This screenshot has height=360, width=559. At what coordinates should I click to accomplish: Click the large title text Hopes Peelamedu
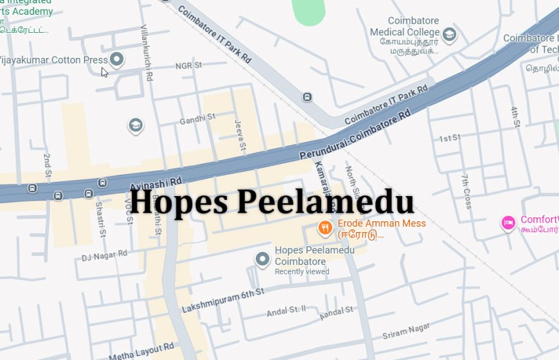pos(272,201)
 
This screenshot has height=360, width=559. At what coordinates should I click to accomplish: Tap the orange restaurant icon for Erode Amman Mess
pos(326,227)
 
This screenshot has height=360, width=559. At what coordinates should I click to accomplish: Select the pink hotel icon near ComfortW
pos(508,222)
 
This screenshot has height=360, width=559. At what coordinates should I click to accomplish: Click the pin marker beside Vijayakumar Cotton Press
pos(116,60)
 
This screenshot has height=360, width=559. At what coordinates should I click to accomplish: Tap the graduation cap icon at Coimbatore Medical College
pos(449,35)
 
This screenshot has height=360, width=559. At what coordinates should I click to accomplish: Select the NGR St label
pos(188,66)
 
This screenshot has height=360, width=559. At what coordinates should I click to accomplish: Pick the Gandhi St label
pos(197,119)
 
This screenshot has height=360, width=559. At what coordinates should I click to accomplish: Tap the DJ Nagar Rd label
pos(104,255)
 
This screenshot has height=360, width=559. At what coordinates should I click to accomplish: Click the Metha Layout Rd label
pos(141,352)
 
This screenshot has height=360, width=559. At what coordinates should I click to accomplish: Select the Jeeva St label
pos(240,135)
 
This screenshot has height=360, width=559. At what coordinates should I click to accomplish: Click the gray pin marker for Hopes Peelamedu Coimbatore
pos(262,259)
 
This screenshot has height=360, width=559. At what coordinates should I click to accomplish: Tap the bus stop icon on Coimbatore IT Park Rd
pos(308,97)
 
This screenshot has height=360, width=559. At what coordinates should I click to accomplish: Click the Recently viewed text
pos(301,272)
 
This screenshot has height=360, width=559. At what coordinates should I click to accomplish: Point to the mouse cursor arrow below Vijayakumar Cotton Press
pos(104,72)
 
